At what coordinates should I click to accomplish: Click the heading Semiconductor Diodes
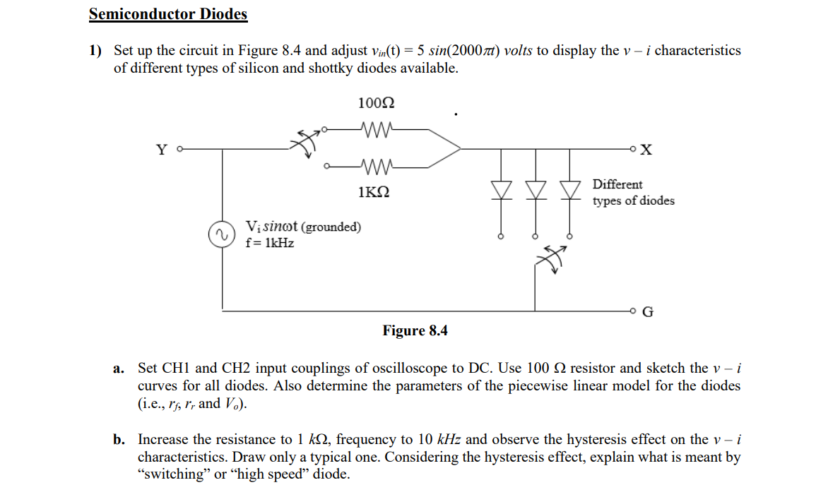point(168,14)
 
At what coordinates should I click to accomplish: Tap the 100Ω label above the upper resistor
point(376,103)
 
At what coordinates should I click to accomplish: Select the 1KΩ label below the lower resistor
point(374,192)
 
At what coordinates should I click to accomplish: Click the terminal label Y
point(162,150)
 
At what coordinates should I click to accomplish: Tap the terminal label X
point(648,150)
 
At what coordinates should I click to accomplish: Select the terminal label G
point(648,311)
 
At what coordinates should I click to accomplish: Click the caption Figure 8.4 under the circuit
point(415,331)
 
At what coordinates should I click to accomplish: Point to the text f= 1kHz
point(270,243)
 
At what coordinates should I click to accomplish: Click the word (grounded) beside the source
point(331,227)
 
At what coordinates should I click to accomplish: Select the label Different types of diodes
point(632,193)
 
